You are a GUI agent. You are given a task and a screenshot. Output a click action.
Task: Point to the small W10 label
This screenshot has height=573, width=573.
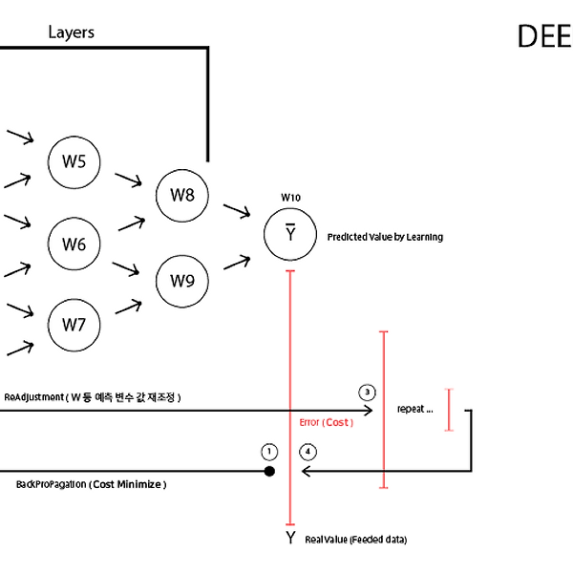tap(291, 198)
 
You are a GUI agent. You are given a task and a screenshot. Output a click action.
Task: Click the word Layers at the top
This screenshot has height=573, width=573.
tap(72, 32)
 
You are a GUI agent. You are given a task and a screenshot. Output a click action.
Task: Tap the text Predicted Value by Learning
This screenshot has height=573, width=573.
tap(385, 237)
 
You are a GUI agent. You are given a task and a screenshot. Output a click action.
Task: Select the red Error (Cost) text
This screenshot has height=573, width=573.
tap(327, 422)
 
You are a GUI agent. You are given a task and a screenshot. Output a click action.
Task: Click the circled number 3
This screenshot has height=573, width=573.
tap(368, 393)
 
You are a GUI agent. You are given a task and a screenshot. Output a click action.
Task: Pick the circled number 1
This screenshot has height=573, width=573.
tap(269, 452)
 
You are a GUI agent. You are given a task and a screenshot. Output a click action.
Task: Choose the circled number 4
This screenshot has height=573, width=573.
tap(308, 452)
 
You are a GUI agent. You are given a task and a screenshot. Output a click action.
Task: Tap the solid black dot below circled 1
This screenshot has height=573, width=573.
tap(269, 472)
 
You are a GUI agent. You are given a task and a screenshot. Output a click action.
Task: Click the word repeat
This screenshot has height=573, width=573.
tap(411, 410)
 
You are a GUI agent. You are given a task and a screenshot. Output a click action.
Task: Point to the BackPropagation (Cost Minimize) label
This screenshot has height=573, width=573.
tap(92, 484)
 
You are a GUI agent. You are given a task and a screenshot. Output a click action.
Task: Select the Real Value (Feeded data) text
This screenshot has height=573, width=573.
tap(356, 540)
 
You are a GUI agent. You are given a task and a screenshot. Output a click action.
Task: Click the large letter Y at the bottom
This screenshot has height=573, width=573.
tap(290, 538)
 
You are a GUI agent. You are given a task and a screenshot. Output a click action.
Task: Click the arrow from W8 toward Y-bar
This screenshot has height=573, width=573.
tap(237, 211)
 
